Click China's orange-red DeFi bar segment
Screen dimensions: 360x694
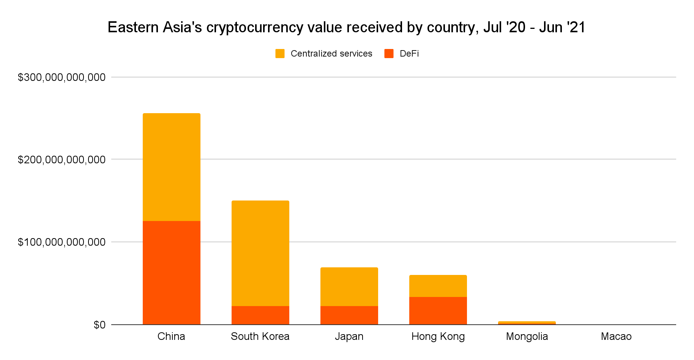pos(171,273)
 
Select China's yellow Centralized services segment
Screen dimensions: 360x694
pos(171,167)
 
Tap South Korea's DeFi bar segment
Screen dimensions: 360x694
pos(260,315)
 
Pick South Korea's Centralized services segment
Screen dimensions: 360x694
pos(260,253)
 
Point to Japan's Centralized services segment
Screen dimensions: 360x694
pos(349,287)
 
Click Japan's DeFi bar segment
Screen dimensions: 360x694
pos(349,315)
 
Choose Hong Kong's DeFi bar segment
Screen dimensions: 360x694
pos(438,311)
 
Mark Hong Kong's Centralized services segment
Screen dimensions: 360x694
pos(438,286)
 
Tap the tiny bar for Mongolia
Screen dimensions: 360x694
pos(527,323)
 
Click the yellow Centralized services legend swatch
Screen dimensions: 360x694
pos(280,54)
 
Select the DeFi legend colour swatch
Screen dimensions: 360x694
pos(389,54)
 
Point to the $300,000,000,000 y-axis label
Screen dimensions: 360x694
pos(62,77)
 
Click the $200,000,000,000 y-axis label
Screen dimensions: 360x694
pos(62,159)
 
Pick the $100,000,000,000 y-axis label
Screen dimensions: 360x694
pos(62,242)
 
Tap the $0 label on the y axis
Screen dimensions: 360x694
pos(99,325)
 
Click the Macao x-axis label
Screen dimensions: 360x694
pos(616,336)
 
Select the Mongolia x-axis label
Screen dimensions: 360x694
pos(527,336)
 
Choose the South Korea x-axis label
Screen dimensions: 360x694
pos(260,336)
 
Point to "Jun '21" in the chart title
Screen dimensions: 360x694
pos(562,27)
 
